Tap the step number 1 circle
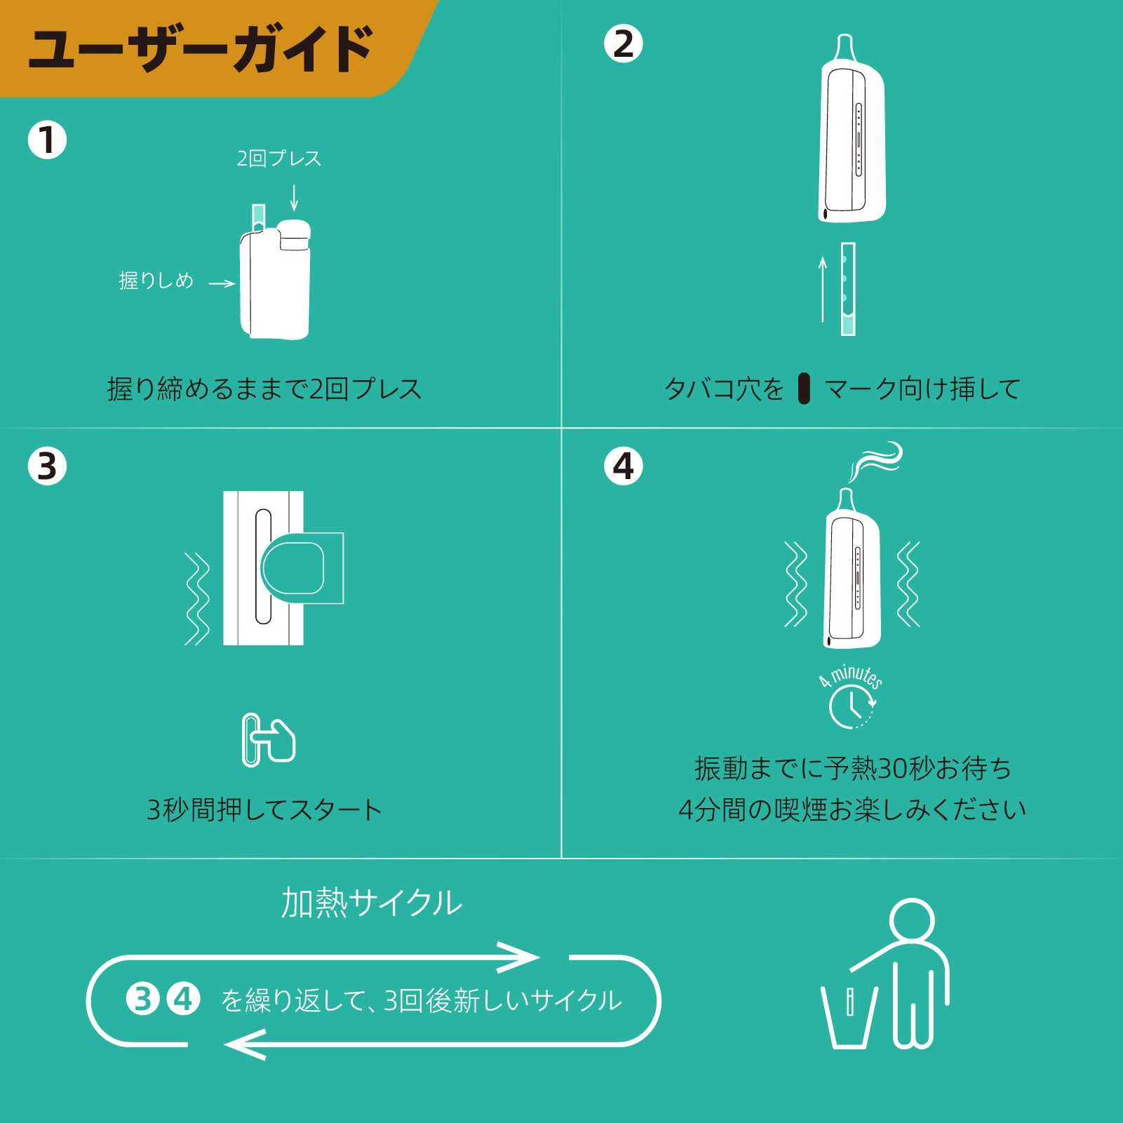[x=47, y=140]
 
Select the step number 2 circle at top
[x=623, y=43]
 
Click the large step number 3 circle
[x=47, y=466]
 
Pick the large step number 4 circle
[x=623, y=466]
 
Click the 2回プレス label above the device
[x=279, y=159]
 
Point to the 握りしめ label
[x=156, y=281]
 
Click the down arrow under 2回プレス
[x=294, y=197]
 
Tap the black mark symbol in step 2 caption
[x=804, y=389]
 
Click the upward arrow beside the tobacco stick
[x=823, y=289]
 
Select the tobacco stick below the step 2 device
[x=848, y=289]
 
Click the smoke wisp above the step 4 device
[x=875, y=461]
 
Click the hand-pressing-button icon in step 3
[x=269, y=740]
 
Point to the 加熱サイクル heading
[x=371, y=903]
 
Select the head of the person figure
[x=912, y=920]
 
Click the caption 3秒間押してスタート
[x=264, y=809]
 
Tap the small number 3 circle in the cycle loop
[x=142, y=999]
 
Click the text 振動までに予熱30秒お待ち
[x=853, y=769]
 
